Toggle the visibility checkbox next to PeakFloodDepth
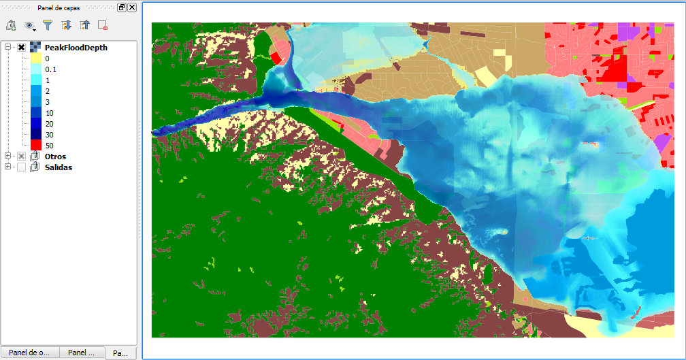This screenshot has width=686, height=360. [22, 48]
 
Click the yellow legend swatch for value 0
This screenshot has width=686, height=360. [37, 59]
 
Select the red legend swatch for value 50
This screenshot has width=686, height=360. [37, 145]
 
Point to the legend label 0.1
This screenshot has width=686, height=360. [51, 69]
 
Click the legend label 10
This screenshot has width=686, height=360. [49, 113]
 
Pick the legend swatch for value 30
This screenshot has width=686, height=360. [37, 134]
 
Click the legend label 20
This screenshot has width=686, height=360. [49, 124]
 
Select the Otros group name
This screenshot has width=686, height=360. [55, 157]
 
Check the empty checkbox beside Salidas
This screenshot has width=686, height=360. [22, 167]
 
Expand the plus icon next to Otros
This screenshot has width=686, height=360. [8, 157]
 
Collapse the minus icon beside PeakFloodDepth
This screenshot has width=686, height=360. [8, 48]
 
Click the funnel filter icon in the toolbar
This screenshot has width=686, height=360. [48, 25]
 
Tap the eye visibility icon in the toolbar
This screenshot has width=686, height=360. [29, 25]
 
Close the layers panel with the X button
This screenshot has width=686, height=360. [131, 7]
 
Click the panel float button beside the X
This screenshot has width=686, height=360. [121, 7]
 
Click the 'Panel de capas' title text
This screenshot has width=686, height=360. [59, 7]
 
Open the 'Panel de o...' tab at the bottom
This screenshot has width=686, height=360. [31, 353]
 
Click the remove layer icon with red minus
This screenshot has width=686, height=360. [103, 25]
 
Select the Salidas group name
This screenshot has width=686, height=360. [59, 167]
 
